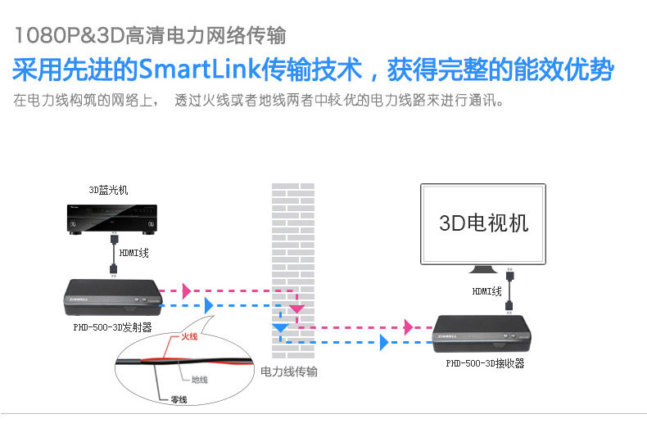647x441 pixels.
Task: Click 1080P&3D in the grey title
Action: (x=65, y=36)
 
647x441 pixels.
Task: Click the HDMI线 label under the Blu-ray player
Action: (x=134, y=254)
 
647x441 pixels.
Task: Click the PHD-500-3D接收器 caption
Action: (x=485, y=364)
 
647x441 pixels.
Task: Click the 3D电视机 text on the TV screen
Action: (x=484, y=223)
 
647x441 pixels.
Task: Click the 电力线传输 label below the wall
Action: (x=288, y=372)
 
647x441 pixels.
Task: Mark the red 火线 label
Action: (x=190, y=335)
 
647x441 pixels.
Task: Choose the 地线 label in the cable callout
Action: (x=199, y=380)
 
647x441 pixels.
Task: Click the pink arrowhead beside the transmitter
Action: (x=188, y=290)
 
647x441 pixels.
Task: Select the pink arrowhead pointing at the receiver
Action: (x=408, y=327)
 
